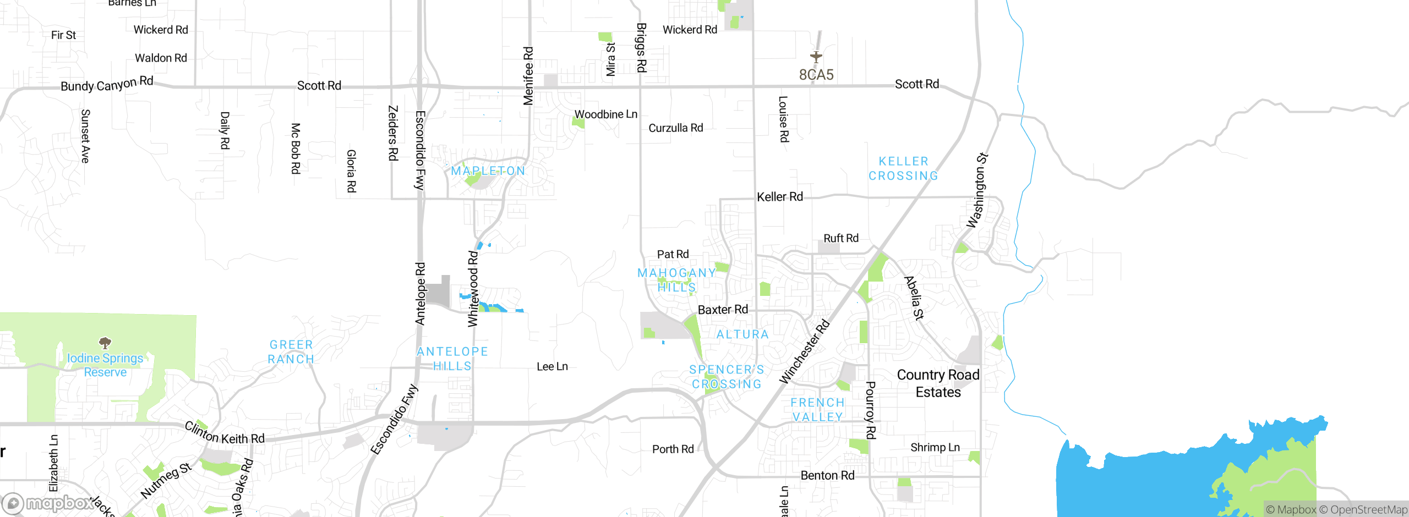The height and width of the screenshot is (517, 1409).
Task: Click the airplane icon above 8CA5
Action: (x=816, y=57)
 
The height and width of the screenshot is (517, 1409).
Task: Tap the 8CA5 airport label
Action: (x=816, y=75)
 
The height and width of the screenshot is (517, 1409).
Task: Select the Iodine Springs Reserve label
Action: (x=105, y=365)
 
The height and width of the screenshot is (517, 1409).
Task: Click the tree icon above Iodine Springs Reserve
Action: (x=105, y=343)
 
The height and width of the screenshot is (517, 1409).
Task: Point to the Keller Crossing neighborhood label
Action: (x=903, y=169)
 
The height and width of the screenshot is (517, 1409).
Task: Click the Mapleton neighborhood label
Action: (x=488, y=171)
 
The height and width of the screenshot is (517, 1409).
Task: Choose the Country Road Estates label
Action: (x=938, y=383)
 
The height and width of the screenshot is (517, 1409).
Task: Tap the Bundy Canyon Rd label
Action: (x=107, y=84)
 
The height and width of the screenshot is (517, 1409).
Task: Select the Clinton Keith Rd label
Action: (x=225, y=433)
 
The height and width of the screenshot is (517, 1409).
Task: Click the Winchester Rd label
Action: (x=804, y=352)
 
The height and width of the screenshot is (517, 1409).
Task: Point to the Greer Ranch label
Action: (x=291, y=352)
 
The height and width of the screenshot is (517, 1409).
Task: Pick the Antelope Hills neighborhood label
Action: (x=452, y=359)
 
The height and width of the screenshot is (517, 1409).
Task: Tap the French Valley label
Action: (x=817, y=410)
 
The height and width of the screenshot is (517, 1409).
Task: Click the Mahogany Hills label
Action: (x=676, y=280)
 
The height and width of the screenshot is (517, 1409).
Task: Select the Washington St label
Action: (x=977, y=190)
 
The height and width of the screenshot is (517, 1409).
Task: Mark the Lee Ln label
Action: (x=552, y=367)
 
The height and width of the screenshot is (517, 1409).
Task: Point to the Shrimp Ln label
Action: (x=935, y=447)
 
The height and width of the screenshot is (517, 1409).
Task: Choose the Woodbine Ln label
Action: (x=605, y=114)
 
